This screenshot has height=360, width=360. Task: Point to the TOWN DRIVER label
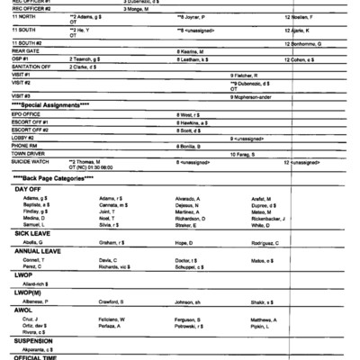[31, 154]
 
